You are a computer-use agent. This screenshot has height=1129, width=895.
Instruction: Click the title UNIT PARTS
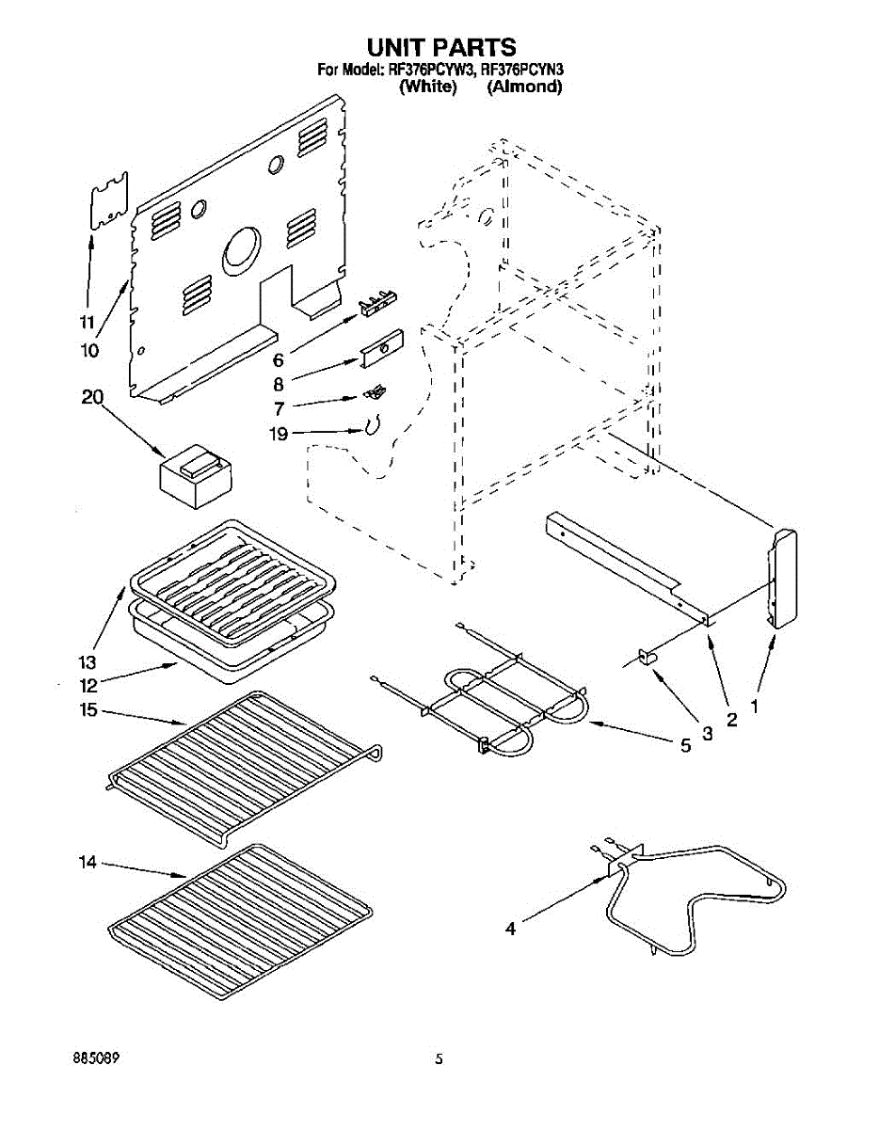(441, 47)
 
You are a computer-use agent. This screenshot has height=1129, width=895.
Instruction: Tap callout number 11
(87, 323)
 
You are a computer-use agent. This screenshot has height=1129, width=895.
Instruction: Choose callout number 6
(279, 360)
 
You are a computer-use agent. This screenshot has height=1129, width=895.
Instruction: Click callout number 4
(510, 929)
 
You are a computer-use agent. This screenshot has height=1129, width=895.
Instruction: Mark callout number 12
(88, 684)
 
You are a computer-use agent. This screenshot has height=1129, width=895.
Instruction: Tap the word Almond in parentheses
(524, 87)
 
